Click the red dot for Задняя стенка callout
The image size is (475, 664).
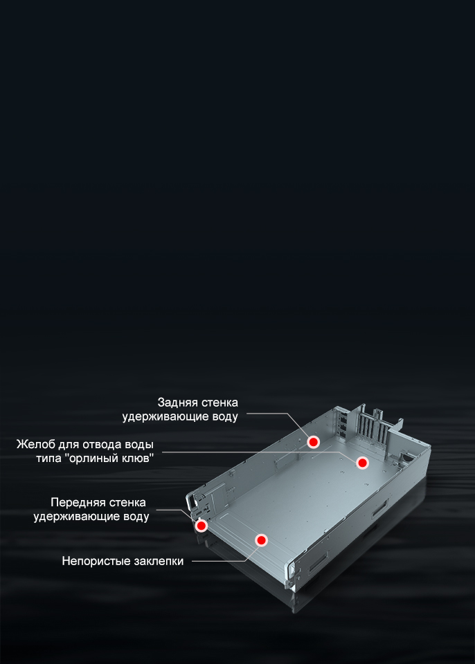pos(314,442)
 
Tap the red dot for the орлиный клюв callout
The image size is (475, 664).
pos(361,463)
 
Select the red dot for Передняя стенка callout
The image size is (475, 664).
pos(201,526)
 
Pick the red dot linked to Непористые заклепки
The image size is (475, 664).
pos(261,540)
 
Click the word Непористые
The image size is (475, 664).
pos(96,562)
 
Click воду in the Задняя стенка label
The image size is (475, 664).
pos(224,416)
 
